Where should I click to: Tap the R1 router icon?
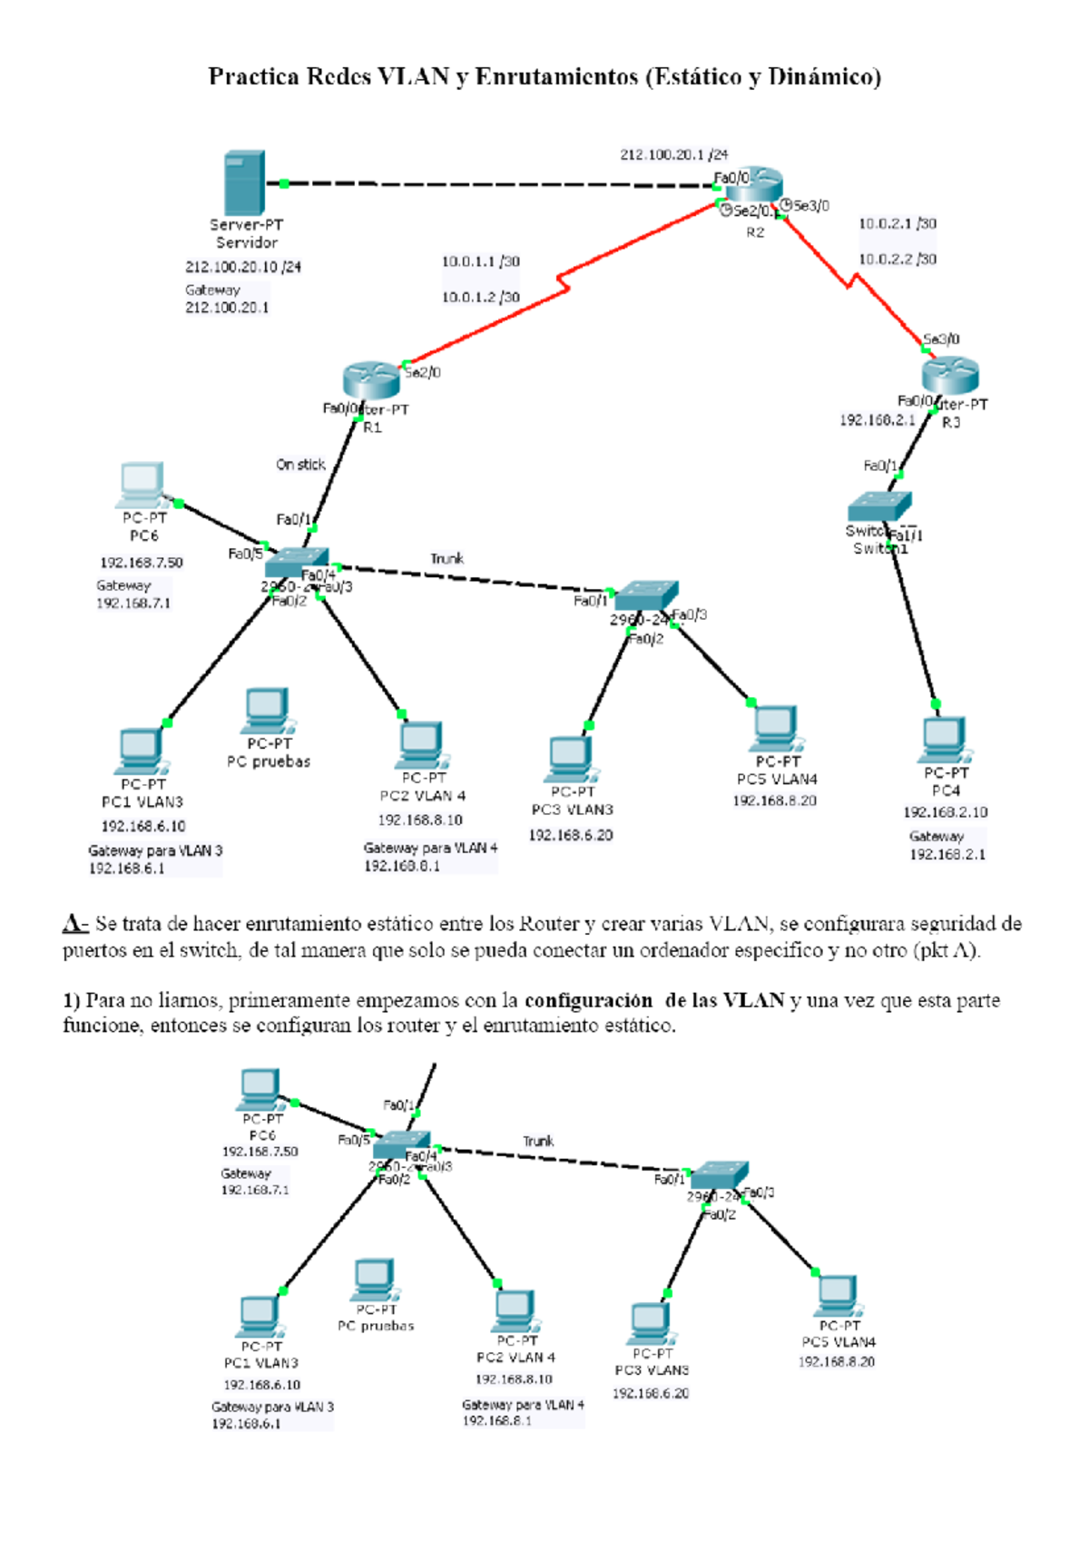click(x=371, y=379)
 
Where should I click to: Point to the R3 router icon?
click(x=950, y=375)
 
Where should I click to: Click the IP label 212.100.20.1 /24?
click(x=673, y=154)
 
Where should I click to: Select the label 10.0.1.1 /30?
click(x=480, y=261)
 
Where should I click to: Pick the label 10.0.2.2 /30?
click(x=897, y=259)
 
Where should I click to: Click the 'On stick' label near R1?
click(x=300, y=464)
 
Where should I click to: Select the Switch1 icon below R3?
click(x=878, y=505)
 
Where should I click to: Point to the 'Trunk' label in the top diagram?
click(x=446, y=558)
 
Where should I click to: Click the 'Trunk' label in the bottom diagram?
click(x=537, y=1141)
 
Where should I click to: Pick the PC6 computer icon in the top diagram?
click(x=142, y=485)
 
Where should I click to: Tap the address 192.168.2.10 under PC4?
click(x=945, y=812)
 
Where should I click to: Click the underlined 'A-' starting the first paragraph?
click(x=74, y=924)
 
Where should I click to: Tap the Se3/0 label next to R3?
click(x=941, y=339)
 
